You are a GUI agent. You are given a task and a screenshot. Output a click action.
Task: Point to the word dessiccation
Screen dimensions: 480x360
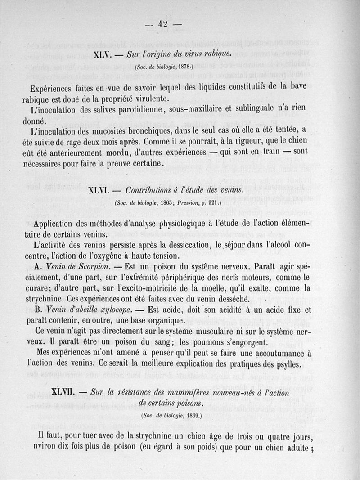coord(172,245)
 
